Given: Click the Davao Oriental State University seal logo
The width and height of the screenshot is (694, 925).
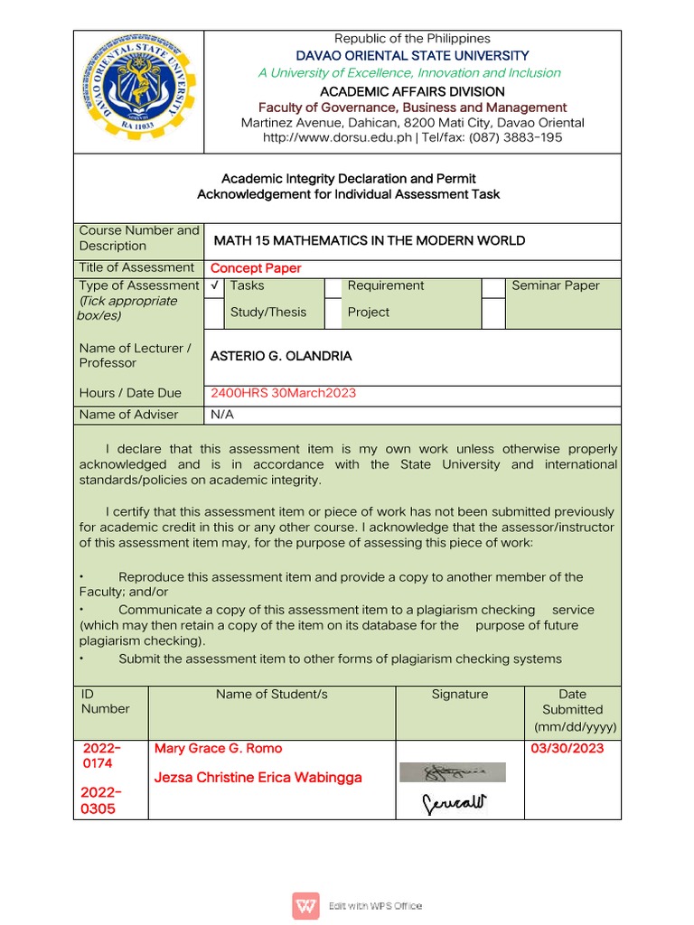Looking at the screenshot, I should point(139,91).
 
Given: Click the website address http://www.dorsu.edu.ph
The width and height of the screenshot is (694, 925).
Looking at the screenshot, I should point(336,137).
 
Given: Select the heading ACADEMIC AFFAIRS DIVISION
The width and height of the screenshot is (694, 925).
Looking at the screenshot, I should point(412,91).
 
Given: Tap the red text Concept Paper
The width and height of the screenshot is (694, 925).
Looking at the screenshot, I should point(256,268).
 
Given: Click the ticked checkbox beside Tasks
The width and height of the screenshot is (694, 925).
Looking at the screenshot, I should point(214,286).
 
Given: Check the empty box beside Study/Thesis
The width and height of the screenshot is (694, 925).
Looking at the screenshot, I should point(214,313).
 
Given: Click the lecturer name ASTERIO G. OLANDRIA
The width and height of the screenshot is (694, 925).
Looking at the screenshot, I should point(281,356).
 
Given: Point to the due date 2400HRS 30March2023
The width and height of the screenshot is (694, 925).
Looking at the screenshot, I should point(283,393).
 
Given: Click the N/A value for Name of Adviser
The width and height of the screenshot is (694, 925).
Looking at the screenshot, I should point(221,415).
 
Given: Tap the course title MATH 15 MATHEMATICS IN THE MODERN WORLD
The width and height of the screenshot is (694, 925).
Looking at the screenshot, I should point(369,240).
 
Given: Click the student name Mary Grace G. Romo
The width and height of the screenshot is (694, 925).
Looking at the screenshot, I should point(218,748).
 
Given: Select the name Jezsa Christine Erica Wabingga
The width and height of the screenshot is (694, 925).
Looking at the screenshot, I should point(258,778).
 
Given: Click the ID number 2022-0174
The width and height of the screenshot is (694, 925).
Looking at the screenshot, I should point(101,756).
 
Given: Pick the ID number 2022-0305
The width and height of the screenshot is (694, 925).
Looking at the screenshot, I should point(101,800).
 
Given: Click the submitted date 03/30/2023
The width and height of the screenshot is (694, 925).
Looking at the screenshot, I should point(567,748).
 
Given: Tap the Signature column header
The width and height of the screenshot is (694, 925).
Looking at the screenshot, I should point(459,694).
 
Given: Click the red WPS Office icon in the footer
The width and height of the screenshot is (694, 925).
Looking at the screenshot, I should point(305,905).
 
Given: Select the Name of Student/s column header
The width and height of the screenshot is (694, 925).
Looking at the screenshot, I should point(271,694).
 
